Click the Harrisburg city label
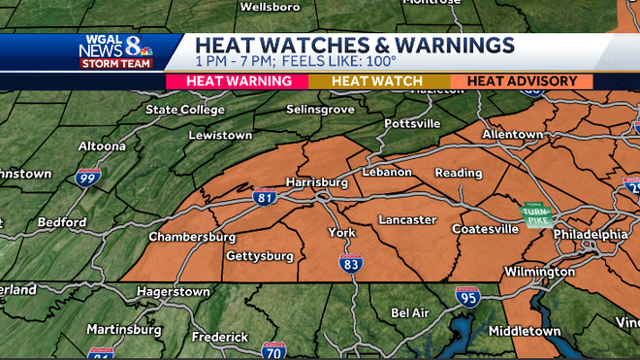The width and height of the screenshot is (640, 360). tap(316, 181)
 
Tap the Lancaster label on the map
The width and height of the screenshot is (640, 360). tap(407, 220)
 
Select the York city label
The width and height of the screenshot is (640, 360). tap(341, 233)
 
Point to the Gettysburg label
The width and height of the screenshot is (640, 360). tap(259, 256)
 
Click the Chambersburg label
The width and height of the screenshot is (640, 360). tap(192, 237)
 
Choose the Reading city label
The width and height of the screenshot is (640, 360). tap(459, 173)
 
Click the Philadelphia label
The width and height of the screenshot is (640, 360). tap(591, 235)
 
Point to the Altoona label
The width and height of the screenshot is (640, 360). tap(103, 146)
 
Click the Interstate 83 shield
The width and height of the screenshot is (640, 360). tap(351, 261)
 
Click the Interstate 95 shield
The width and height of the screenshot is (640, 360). tap(467, 296)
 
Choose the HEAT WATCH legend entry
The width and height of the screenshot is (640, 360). tap(376, 82)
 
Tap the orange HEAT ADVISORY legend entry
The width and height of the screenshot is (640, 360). tap(522, 82)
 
